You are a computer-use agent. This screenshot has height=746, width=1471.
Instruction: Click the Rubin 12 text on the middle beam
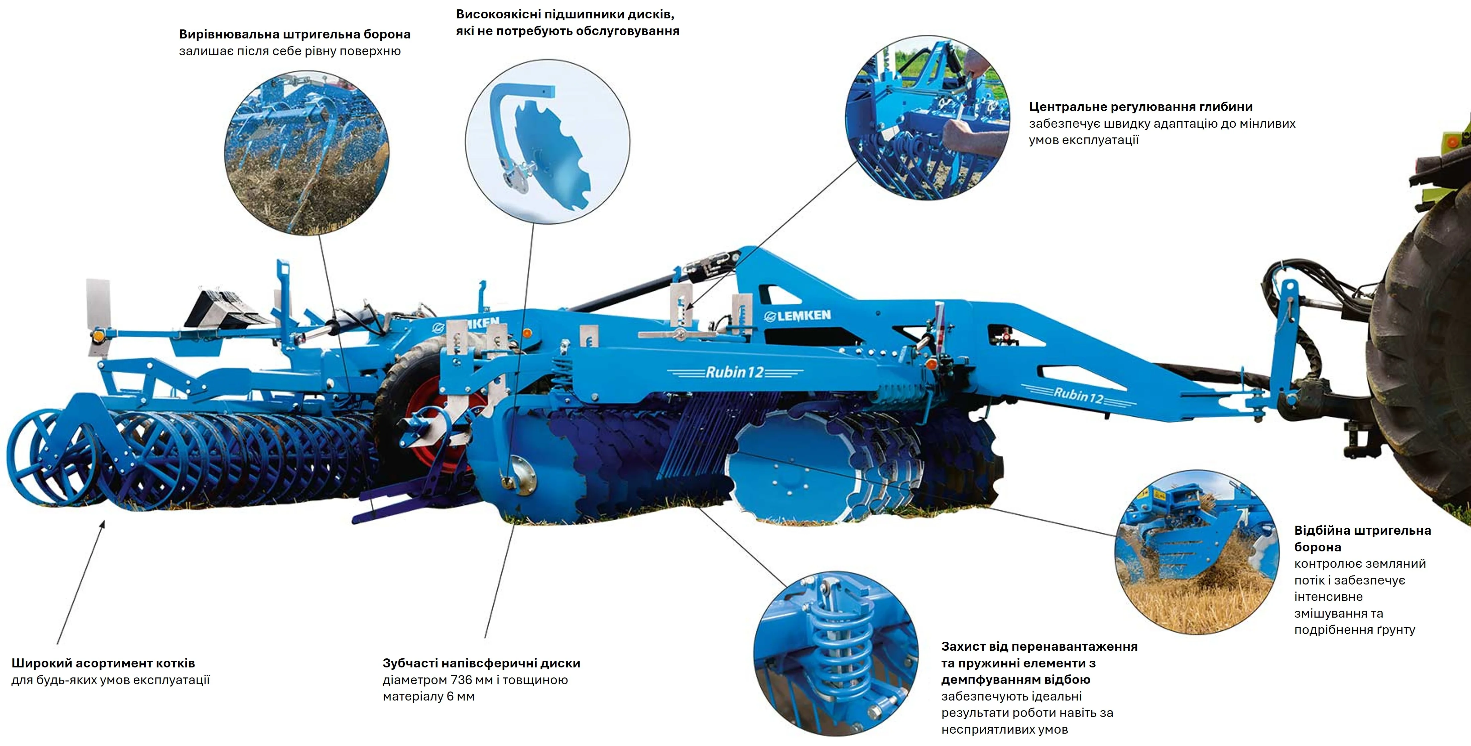[734, 372]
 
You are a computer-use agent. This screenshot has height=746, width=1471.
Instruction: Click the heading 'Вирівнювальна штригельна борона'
[295, 34]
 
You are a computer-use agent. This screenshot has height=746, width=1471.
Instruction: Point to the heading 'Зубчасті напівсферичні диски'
[481, 663]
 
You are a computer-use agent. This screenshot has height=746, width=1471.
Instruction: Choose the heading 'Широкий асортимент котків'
[103, 663]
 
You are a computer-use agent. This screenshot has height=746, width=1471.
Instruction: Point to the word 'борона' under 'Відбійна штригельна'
[1317, 547]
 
